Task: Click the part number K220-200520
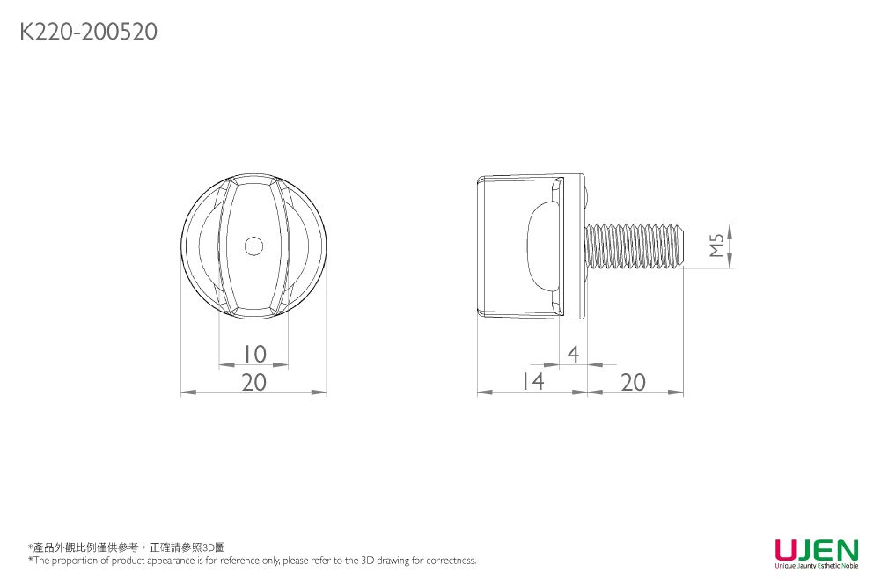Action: click(88, 33)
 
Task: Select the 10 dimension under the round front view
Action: click(253, 354)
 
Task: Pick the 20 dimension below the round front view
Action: click(253, 382)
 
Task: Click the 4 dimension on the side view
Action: click(573, 354)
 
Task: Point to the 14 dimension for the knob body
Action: click(532, 382)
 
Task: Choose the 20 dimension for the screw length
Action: click(633, 382)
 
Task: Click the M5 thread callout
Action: click(717, 246)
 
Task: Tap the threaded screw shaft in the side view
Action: click(634, 246)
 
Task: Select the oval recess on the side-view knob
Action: click(542, 246)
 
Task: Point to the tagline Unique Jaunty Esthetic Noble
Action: click(816, 565)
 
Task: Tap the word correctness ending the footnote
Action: click(452, 561)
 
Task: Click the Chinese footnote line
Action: click(127, 547)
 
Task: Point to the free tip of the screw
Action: click(682, 246)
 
